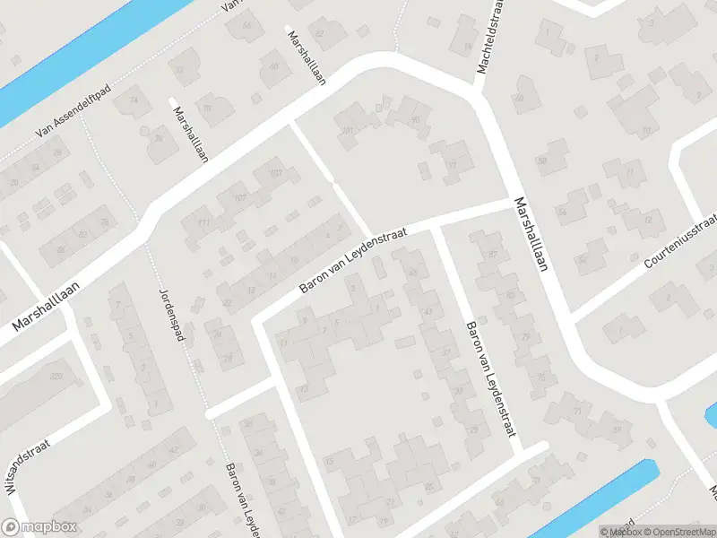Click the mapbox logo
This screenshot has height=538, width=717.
tap(39, 527)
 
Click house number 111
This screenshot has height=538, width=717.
tap(203, 221)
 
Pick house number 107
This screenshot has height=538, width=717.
tap(238, 197)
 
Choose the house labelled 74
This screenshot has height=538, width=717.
tap(134, 100)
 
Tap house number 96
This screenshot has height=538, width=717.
tap(415, 119)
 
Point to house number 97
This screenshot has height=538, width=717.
tap(452, 165)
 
